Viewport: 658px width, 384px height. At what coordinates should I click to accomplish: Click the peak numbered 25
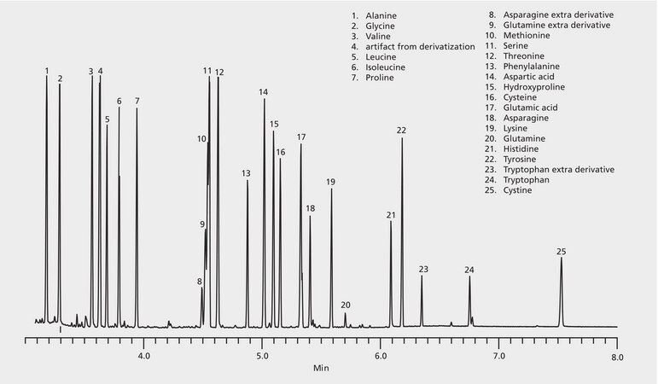pos(561,290)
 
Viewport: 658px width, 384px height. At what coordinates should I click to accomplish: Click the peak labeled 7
pos(137,213)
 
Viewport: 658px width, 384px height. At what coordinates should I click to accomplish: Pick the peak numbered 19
pos(331,256)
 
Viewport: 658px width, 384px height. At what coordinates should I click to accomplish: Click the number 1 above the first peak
pos(47,70)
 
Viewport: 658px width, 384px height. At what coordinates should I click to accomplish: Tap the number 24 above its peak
pos(469,271)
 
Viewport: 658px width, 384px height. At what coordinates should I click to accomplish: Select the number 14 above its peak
pos(264,92)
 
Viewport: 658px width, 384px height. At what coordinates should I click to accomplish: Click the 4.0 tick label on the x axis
pos(143,355)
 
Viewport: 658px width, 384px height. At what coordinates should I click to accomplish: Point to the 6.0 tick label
pos(381,355)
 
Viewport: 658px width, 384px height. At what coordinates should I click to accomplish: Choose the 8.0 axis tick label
pos(617,355)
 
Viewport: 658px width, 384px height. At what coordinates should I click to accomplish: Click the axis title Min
pos(321,369)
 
